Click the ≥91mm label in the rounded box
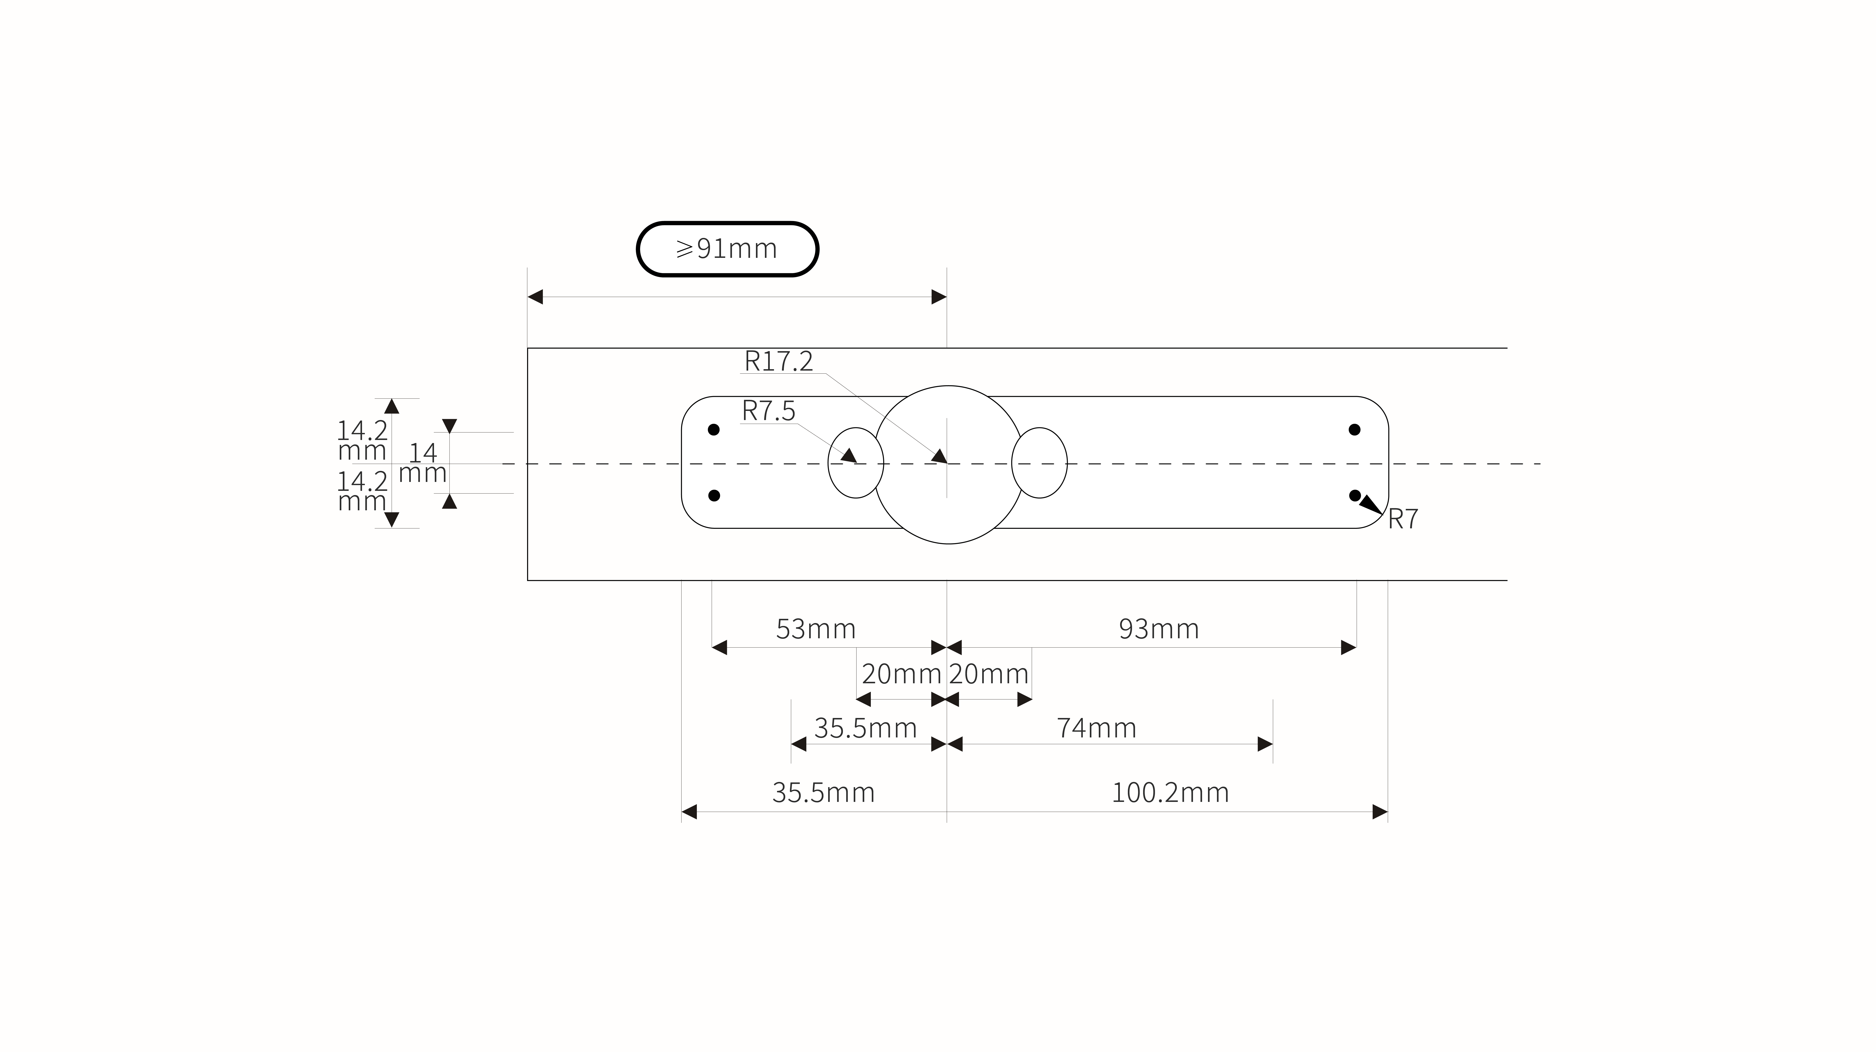727,249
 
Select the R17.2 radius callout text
778,361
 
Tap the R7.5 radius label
768,411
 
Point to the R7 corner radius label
1403,519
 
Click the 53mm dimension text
816,629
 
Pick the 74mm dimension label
1096,728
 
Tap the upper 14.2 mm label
362,440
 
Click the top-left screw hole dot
714,429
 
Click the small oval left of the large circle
856,463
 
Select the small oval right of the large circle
1039,463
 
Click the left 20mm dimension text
902,674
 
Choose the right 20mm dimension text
988,674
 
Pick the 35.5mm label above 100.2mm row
865,728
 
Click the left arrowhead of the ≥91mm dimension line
535,297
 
